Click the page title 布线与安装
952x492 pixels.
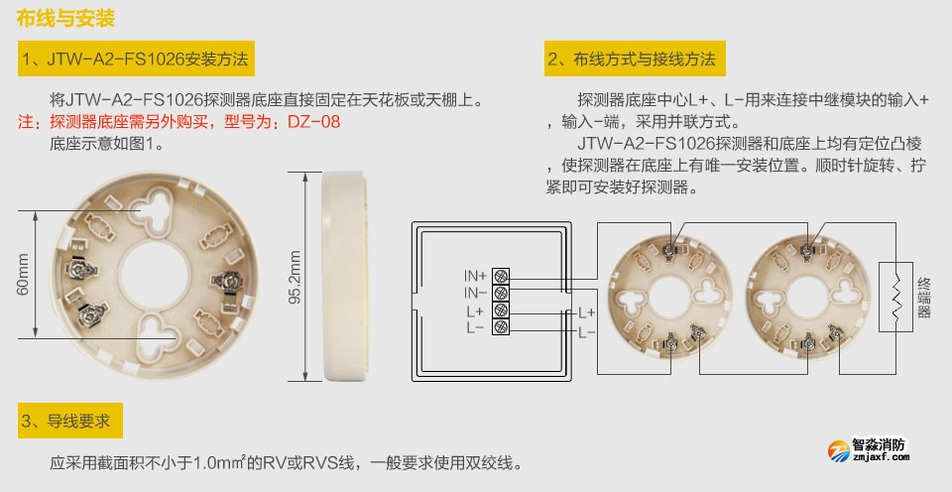(x=65, y=19)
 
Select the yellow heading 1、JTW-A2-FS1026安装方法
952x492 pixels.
(x=136, y=60)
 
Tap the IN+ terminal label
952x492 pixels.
(x=475, y=275)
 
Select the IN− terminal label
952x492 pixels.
(x=475, y=293)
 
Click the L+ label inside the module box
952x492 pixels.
(x=475, y=310)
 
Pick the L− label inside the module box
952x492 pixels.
(x=475, y=327)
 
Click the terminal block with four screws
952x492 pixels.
(x=502, y=301)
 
